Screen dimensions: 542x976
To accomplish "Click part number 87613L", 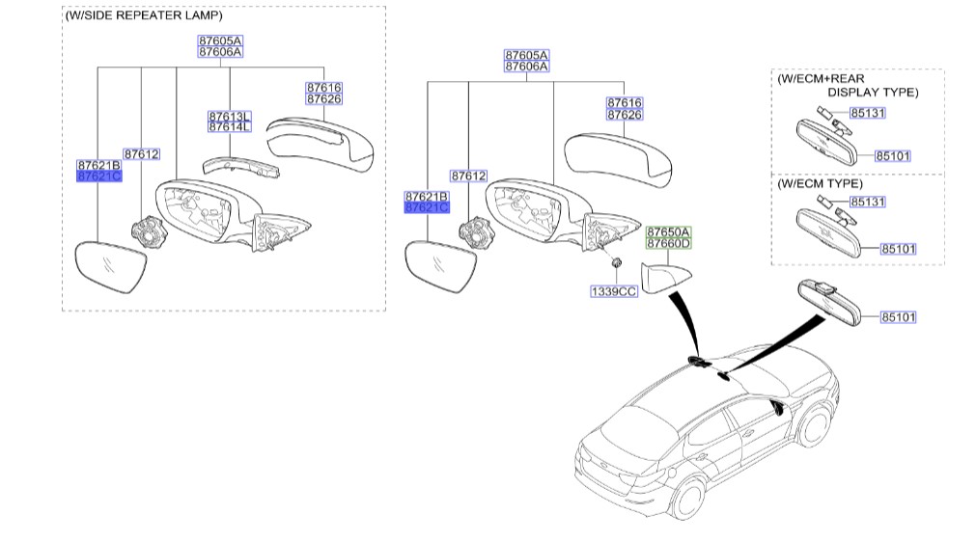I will pos(229,117).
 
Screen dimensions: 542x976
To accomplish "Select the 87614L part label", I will pos(229,127).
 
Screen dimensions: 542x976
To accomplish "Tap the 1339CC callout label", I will pos(614,290).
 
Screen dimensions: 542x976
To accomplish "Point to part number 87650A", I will pos(669,232).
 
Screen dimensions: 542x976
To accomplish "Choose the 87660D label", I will pos(669,244).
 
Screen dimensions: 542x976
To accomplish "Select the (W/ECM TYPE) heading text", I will pos(821,182).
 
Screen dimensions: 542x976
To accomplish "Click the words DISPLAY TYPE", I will pos(873,93).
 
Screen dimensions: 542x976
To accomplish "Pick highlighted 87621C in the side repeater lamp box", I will pos(99,176).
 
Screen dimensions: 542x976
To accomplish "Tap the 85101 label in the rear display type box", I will pos(893,155).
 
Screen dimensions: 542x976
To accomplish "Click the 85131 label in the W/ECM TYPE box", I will pos(867,203).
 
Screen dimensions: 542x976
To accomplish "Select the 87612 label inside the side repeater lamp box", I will pos(141,154).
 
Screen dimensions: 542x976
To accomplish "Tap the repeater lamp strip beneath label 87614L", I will pos(241,166).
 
